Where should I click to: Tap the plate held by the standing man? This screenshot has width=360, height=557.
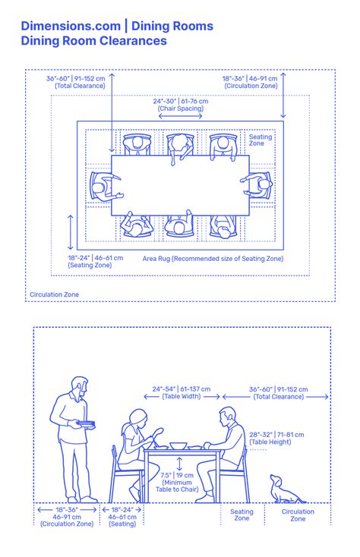[x=85, y=423]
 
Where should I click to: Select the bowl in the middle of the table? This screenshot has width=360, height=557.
[x=178, y=445]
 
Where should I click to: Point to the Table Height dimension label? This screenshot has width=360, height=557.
[x=276, y=439]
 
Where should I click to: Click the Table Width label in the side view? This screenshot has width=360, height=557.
[x=182, y=392]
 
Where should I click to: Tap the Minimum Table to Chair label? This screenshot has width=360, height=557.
[x=177, y=482]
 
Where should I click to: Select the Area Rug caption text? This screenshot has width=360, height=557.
[x=213, y=259]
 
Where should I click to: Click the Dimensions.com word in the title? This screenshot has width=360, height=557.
[x=71, y=26]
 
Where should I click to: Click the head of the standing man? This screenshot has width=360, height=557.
[x=80, y=386]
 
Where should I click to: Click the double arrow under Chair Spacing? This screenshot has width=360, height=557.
[x=180, y=116]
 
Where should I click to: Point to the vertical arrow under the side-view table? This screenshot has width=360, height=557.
[x=179, y=464]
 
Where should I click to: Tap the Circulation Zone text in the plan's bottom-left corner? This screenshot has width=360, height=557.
[x=55, y=294]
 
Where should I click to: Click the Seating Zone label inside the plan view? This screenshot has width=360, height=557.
[x=261, y=140]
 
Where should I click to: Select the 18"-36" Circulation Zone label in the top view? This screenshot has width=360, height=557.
[x=250, y=82]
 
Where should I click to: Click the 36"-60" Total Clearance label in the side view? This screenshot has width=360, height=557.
[x=279, y=393]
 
